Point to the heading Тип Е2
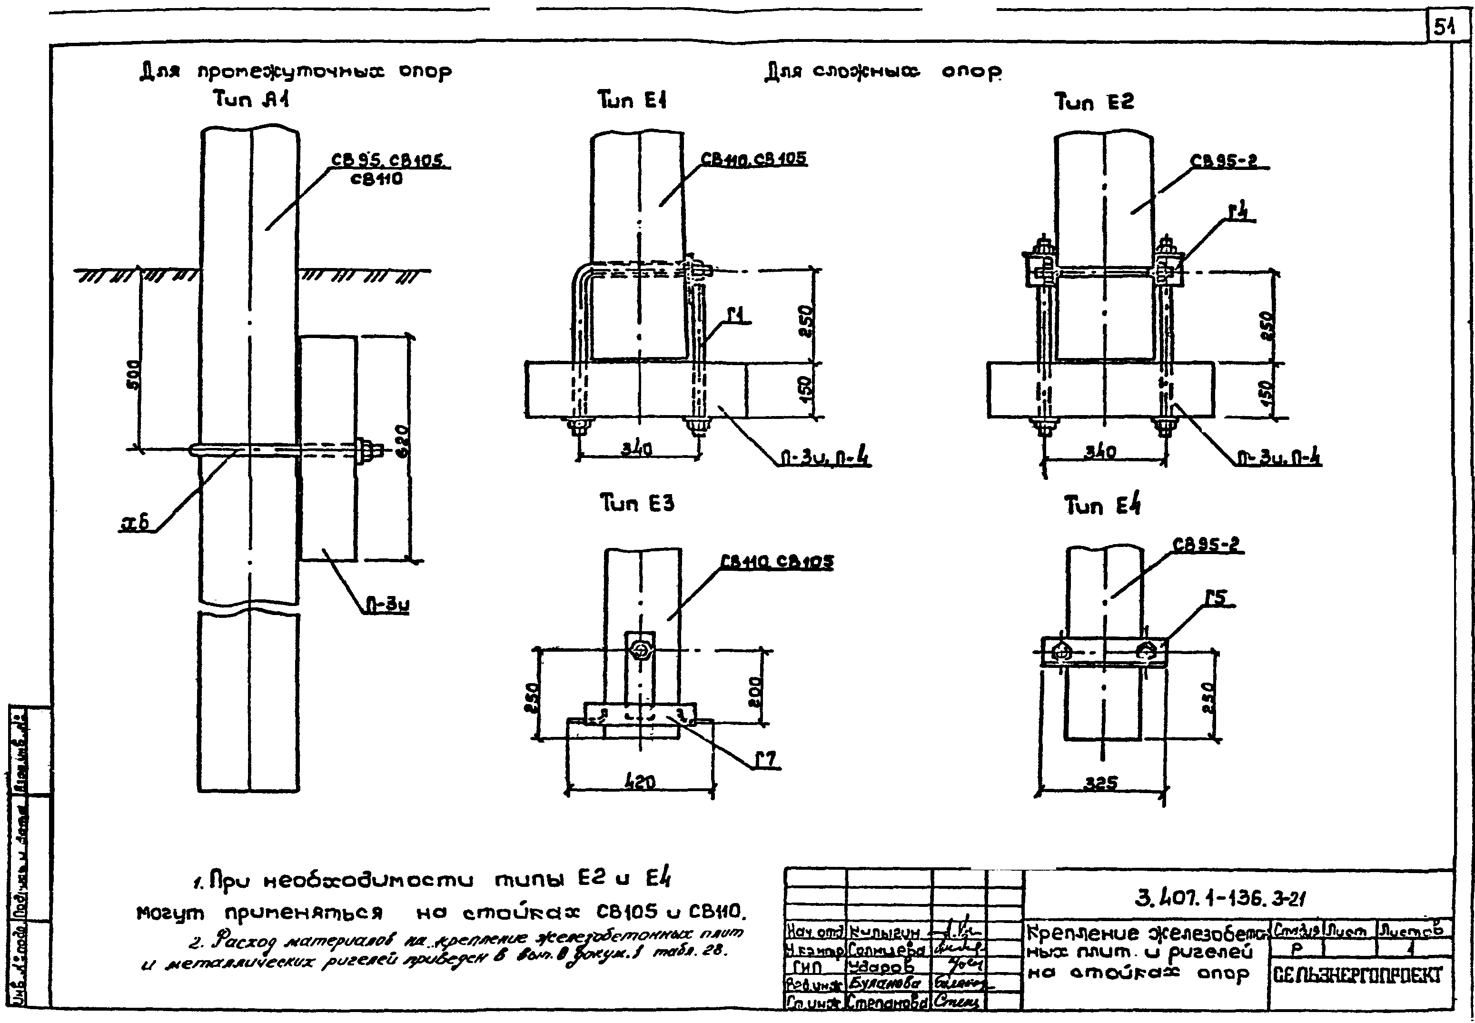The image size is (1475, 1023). point(1094,101)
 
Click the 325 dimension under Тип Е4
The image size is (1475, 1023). point(1101,783)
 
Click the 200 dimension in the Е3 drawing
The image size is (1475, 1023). point(756,692)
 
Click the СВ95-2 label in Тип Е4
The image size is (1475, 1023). point(1207,545)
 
